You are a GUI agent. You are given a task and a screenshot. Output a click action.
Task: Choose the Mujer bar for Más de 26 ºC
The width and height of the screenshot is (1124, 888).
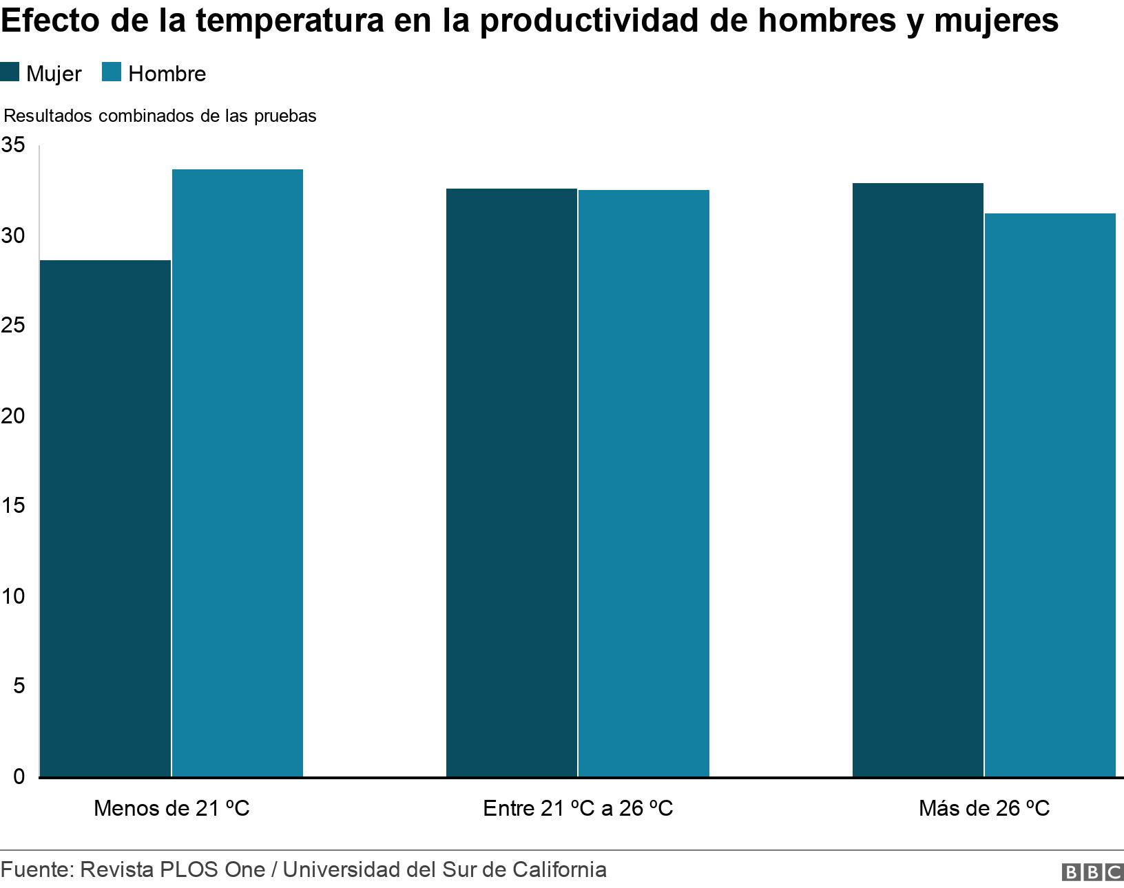[917, 480]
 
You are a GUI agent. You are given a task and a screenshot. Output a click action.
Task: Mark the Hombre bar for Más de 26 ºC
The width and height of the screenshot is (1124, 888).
[1050, 495]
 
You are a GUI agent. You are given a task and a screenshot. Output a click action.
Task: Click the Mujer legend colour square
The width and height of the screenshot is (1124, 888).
[10, 73]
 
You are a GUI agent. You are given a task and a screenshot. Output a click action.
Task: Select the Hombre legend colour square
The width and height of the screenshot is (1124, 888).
[112, 73]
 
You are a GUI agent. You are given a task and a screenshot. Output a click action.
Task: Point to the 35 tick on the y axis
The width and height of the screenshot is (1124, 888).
[13, 145]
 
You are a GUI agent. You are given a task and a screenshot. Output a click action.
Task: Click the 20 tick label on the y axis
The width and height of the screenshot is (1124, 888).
[13, 416]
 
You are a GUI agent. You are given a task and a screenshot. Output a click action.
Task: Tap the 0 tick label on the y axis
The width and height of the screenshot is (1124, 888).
[19, 776]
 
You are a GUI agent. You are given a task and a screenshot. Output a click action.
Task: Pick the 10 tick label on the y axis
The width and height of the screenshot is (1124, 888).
[13, 596]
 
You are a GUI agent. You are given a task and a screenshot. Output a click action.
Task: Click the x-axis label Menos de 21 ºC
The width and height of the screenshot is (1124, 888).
[171, 807]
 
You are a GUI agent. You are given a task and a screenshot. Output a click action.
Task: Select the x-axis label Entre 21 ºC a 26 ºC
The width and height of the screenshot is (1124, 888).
[578, 807]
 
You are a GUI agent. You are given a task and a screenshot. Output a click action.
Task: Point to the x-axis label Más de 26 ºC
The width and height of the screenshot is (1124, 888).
[984, 807]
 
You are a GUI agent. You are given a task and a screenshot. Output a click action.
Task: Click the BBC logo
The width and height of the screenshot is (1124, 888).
[1092, 871]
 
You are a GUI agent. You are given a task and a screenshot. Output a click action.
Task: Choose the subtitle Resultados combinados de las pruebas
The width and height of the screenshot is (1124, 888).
[160, 116]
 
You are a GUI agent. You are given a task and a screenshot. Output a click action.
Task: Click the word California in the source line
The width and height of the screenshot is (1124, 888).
[559, 869]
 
